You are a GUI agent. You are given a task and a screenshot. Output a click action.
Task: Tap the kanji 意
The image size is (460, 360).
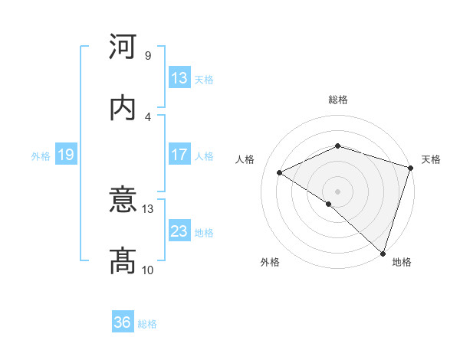[123, 201]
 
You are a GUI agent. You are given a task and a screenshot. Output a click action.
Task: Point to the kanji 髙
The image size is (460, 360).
[123, 261]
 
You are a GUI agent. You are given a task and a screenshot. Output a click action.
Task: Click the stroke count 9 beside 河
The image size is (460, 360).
[147, 56]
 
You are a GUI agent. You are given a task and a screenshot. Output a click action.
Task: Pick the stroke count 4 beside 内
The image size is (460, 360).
[147, 116]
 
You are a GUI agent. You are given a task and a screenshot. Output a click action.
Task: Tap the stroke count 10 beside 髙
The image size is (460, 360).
[148, 270]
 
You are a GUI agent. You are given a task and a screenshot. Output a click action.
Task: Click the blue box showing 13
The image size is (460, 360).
[179, 78]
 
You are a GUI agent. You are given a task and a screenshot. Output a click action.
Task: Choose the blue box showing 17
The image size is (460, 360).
[179, 155]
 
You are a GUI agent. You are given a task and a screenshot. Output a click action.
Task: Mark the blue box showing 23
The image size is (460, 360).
[179, 231]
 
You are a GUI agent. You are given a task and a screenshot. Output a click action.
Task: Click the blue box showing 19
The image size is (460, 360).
[66, 155]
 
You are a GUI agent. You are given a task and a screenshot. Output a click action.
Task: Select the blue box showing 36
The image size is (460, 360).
[123, 322]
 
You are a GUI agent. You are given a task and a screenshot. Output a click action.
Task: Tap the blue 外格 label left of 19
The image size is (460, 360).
[41, 155]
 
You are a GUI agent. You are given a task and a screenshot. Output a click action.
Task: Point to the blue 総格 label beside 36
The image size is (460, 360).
[147, 323]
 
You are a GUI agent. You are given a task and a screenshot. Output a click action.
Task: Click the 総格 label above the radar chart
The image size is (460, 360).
[337, 100]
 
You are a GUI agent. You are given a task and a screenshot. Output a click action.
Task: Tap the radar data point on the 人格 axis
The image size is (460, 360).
[280, 173]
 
